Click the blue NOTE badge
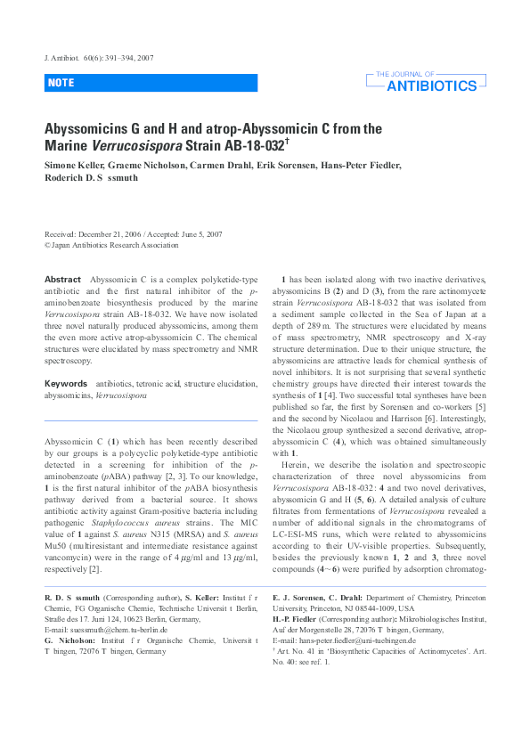click(x=62, y=83)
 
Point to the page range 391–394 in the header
click(x=116, y=58)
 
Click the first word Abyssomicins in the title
click(x=86, y=128)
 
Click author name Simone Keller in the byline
click(x=73, y=165)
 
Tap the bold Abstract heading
click(x=63, y=280)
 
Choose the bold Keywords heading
click(x=66, y=382)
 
